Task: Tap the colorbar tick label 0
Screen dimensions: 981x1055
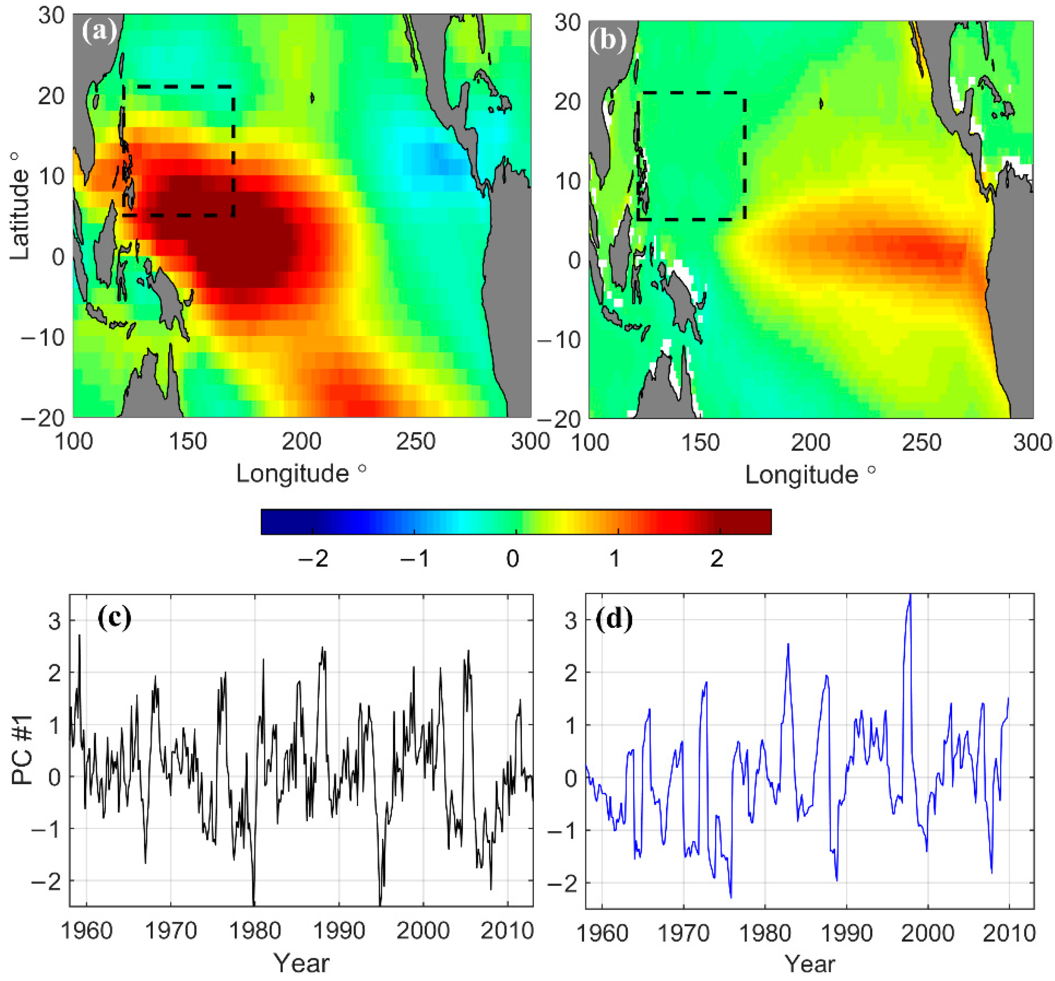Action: (x=512, y=559)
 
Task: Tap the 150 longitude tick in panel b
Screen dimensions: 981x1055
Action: (x=699, y=443)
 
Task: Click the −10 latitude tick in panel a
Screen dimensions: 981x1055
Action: (x=42, y=337)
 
